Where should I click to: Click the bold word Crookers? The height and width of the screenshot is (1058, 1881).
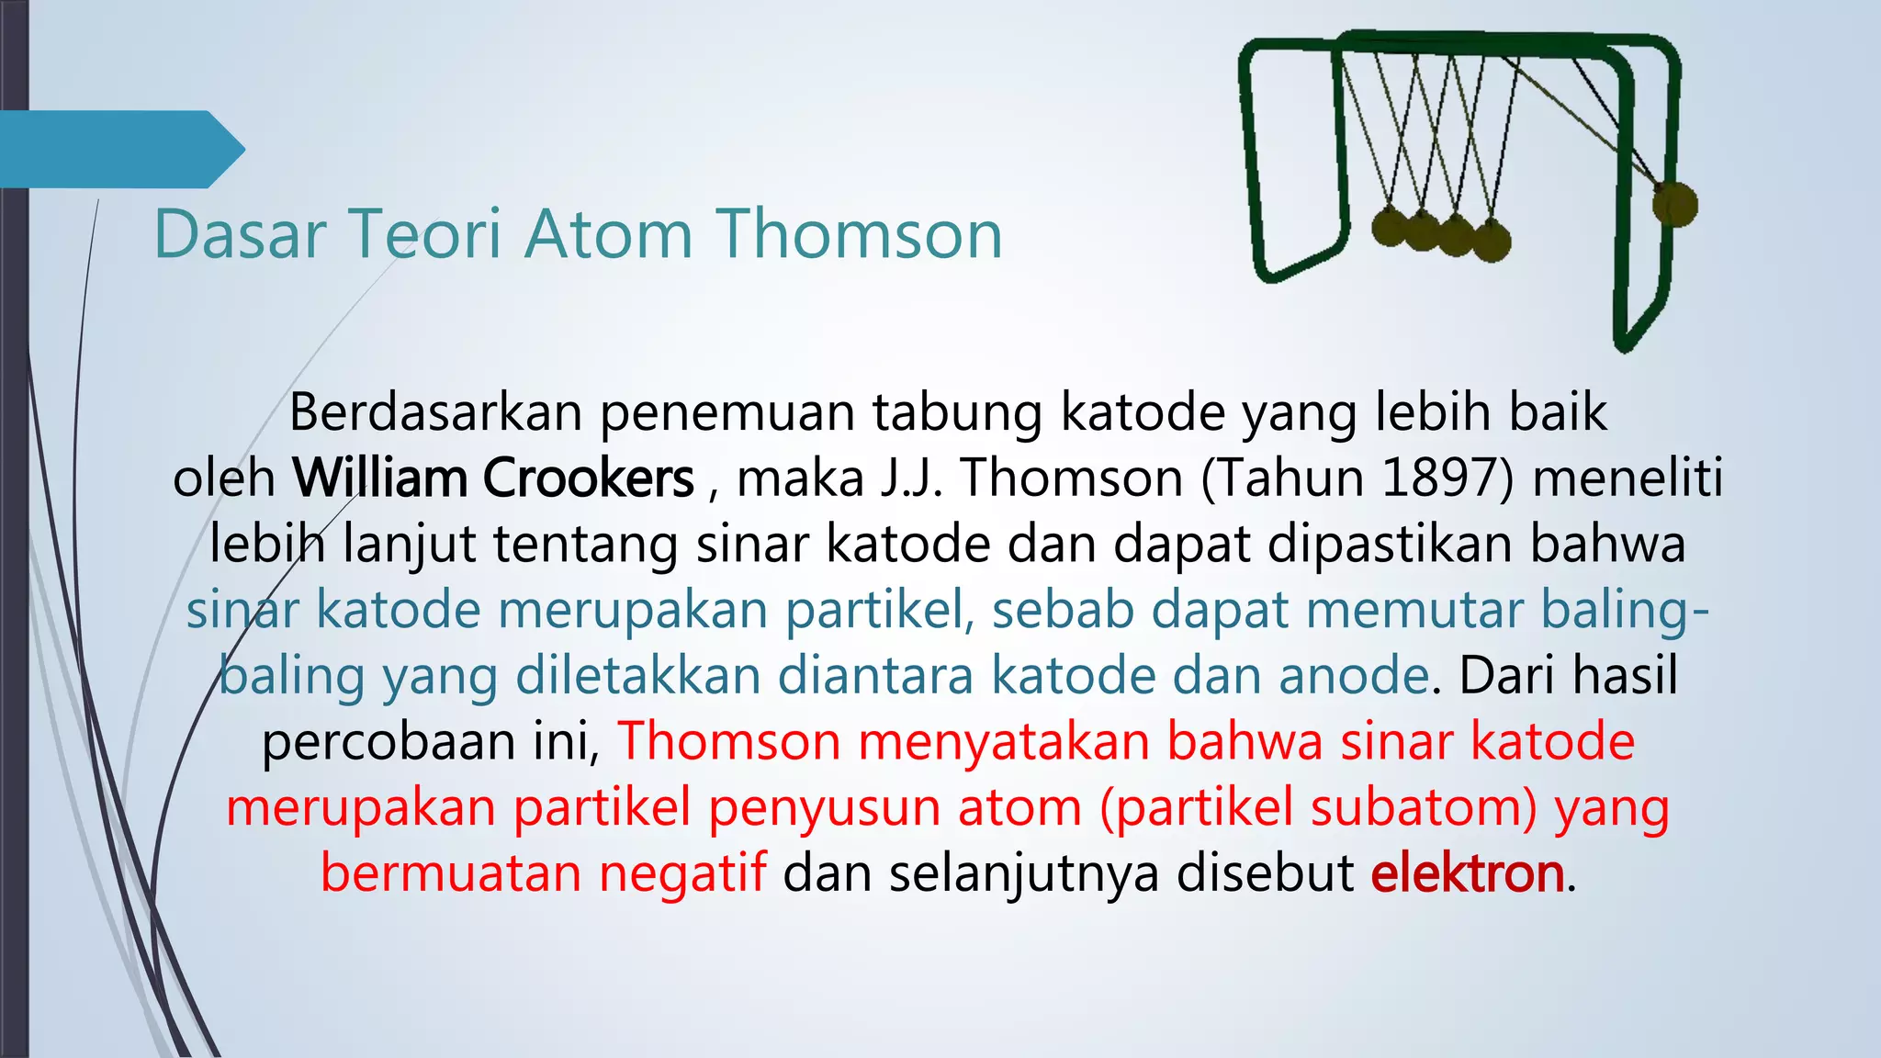point(588,478)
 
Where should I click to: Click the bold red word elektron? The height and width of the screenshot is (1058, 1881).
point(1467,873)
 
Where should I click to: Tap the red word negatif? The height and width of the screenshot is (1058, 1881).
point(681,873)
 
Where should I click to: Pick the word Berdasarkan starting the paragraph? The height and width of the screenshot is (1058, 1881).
point(435,412)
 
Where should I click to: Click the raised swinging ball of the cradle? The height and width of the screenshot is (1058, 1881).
point(1674,204)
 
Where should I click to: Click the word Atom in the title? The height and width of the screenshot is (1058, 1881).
point(608,235)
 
